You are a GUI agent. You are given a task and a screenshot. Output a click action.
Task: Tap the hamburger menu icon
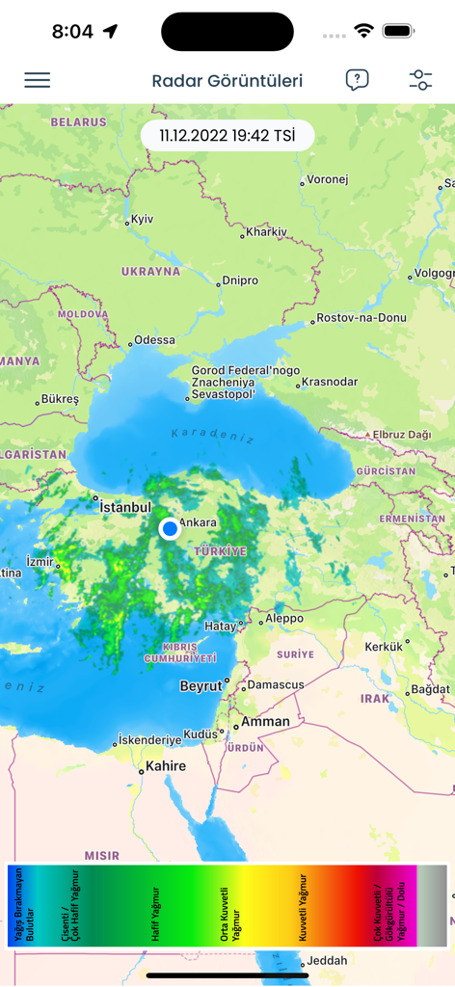tap(38, 80)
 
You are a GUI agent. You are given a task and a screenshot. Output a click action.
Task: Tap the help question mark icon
tap(357, 80)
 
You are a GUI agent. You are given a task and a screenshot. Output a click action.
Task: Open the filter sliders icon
tap(420, 80)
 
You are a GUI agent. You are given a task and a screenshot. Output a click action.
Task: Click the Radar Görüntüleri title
tap(227, 81)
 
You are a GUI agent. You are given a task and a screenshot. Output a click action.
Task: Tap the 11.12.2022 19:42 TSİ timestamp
tap(227, 136)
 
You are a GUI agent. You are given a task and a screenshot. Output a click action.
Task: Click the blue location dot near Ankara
tap(170, 528)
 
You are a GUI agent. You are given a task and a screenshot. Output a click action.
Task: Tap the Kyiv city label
tap(142, 220)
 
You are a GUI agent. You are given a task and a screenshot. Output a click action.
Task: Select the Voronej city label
tap(327, 179)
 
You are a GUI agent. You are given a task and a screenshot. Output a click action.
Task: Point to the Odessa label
tap(154, 340)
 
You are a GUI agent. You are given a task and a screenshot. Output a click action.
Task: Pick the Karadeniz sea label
tap(213, 436)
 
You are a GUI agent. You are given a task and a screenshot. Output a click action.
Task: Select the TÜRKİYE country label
tap(220, 551)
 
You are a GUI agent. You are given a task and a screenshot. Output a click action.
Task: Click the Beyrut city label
tap(201, 686)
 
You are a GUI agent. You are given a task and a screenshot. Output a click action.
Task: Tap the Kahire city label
tap(165, 767)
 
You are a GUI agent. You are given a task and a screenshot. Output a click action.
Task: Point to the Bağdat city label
tap(429, 689)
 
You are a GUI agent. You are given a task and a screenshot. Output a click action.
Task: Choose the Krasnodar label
tap(330, 382)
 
